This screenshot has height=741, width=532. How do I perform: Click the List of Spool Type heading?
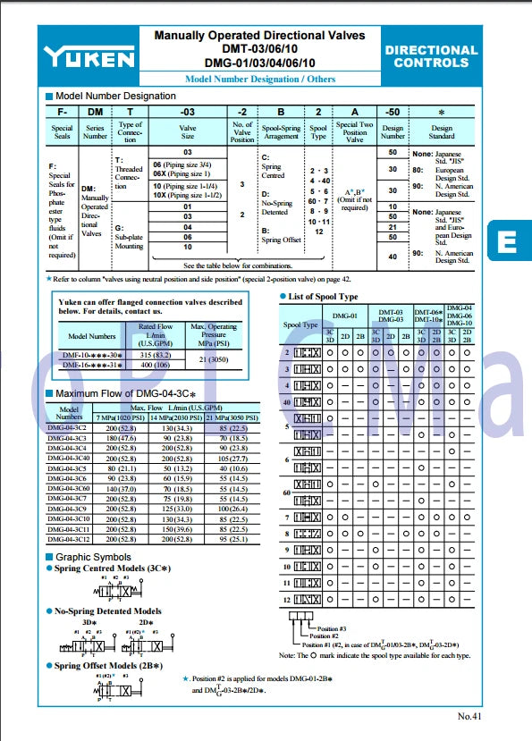[x=323, y=296]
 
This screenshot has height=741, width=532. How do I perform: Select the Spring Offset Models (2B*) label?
[x=109, y=666]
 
